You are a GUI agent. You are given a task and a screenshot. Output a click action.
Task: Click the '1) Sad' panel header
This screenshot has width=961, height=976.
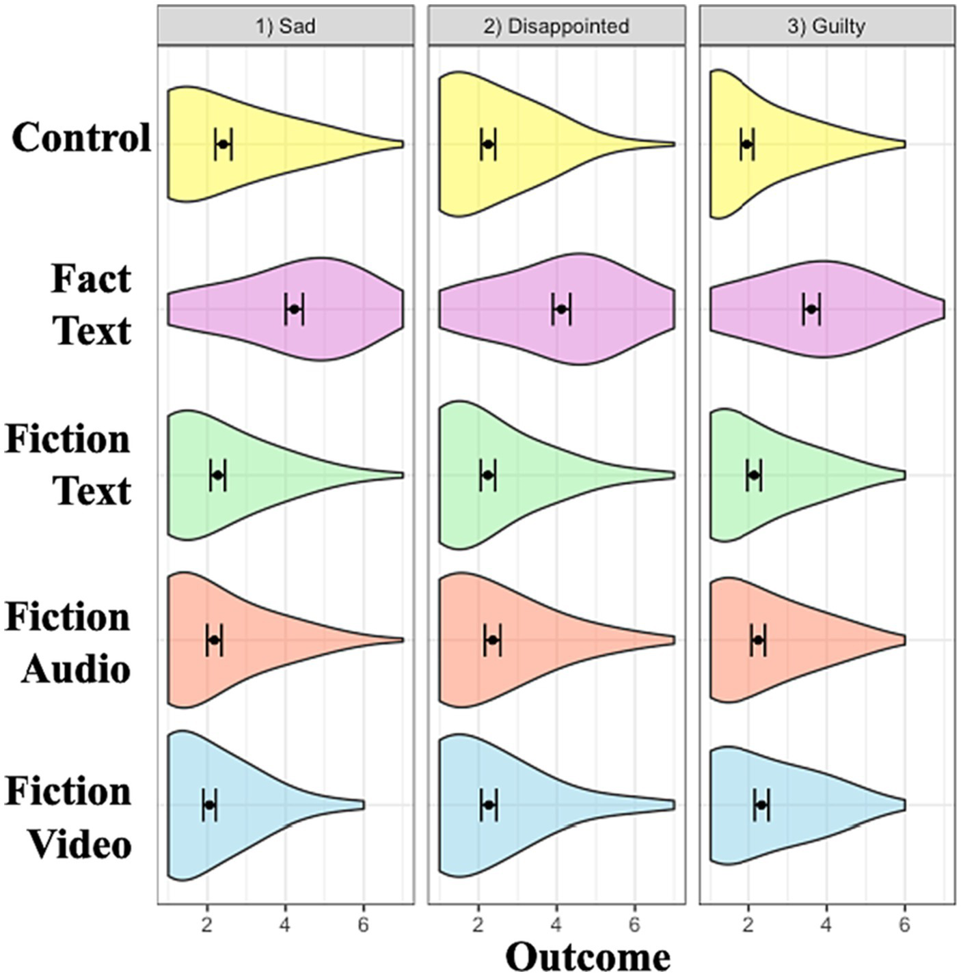coord(285,26)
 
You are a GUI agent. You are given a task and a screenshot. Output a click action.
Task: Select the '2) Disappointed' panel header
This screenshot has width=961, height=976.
coord(556,26)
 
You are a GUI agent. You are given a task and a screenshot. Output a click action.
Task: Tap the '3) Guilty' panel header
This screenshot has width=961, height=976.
coord(826,26)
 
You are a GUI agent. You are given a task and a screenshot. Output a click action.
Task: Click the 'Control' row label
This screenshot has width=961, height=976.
coord(81,138)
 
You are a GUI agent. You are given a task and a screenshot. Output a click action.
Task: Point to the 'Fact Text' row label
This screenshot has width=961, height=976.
coord(91,305)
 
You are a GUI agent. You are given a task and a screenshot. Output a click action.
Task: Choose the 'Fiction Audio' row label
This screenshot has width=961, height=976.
coord(68,643)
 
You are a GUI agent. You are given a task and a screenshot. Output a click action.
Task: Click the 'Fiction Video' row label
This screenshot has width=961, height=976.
coord(68,818)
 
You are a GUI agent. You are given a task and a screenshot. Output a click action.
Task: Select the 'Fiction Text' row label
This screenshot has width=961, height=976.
coord(68,464)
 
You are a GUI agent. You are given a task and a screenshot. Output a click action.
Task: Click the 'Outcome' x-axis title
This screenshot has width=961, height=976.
coord(588,956)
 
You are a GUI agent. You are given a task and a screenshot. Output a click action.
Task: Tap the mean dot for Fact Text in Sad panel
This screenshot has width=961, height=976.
coord(294,309)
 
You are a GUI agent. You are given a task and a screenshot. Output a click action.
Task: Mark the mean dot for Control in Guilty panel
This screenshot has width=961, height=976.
coord(746,144)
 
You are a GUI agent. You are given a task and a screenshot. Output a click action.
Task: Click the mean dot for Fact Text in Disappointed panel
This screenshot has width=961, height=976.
coord(561,309)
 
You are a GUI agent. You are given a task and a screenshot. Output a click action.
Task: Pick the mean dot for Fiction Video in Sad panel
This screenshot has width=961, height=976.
coord(209,805)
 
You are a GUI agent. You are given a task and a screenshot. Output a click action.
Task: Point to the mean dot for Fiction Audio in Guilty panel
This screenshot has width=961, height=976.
coord(757,640)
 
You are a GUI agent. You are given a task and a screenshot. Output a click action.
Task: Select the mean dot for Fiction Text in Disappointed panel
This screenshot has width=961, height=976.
coord(487,475)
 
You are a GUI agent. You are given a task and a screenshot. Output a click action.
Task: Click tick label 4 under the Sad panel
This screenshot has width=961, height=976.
coord(285,925)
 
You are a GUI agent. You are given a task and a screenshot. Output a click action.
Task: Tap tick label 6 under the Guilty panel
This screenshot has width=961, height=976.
coord(904,925)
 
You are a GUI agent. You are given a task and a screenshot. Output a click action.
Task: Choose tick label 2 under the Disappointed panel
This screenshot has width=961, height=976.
coord(478,925)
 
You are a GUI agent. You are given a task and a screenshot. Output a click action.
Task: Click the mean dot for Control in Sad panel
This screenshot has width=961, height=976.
coord(223,144)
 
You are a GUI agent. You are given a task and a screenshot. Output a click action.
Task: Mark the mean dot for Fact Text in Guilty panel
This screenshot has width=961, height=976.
coord(811,309)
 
